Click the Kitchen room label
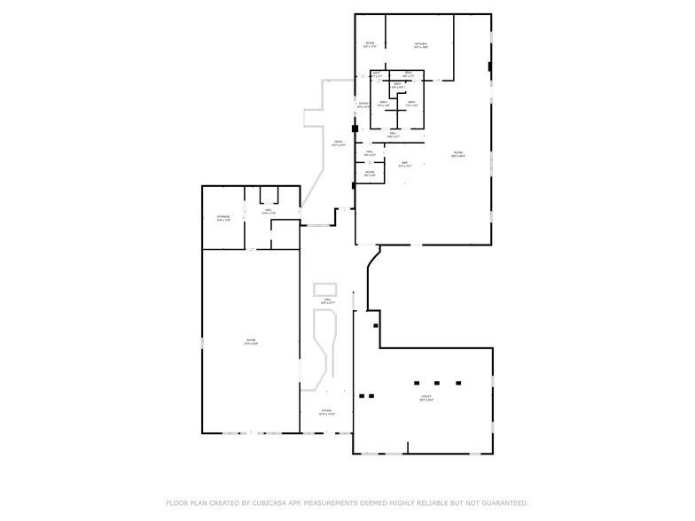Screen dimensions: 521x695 pos(420,45)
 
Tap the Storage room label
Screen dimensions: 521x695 pos(223,218)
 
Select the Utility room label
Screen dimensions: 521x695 pos(426,399)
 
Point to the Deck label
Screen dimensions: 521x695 pos(338,144)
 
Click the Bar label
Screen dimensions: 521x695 pos(403,164)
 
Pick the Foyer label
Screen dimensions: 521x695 pos(327,413)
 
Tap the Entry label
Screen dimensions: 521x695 pos(363,105)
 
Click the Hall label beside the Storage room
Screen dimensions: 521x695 pos(268,212)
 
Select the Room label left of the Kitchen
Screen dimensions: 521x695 pos(370,45)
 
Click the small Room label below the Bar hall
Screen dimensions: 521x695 pos(370,174)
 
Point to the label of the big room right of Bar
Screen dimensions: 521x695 pos(458,155)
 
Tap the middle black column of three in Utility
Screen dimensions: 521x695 pos(437,384)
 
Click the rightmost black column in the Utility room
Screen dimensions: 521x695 pos(459,384)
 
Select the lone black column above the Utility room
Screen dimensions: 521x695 pos(376,326)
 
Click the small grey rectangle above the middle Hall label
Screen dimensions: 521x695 pos(326,288)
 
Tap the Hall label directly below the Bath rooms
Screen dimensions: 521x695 pos(394,136)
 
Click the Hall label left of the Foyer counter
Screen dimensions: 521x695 pos(327,302)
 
